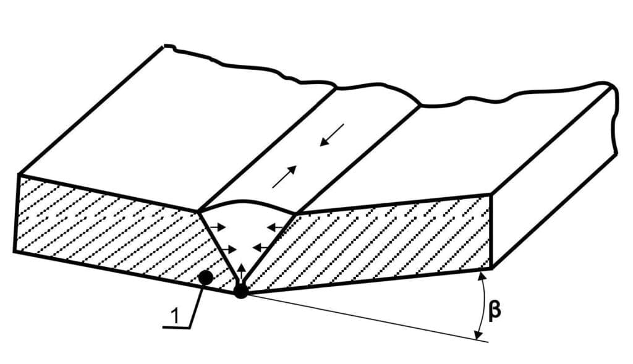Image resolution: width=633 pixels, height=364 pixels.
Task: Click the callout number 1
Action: click(174, 316)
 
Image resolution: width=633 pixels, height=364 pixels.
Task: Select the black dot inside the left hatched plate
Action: click(206, 277)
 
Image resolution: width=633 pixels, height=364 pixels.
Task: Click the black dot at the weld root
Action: click(240, 291)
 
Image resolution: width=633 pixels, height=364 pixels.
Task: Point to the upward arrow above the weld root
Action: click(241, 271)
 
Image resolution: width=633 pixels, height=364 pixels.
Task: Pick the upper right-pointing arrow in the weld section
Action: click(218, 227)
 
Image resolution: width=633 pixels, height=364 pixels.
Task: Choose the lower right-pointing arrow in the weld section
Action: click(227, 249)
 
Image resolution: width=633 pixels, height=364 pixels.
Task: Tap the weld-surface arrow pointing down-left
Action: click(332, 135)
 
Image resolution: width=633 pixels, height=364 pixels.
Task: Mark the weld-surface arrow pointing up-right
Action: click(284, 177)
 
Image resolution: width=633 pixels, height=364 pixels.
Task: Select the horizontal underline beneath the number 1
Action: click(176, 328)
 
